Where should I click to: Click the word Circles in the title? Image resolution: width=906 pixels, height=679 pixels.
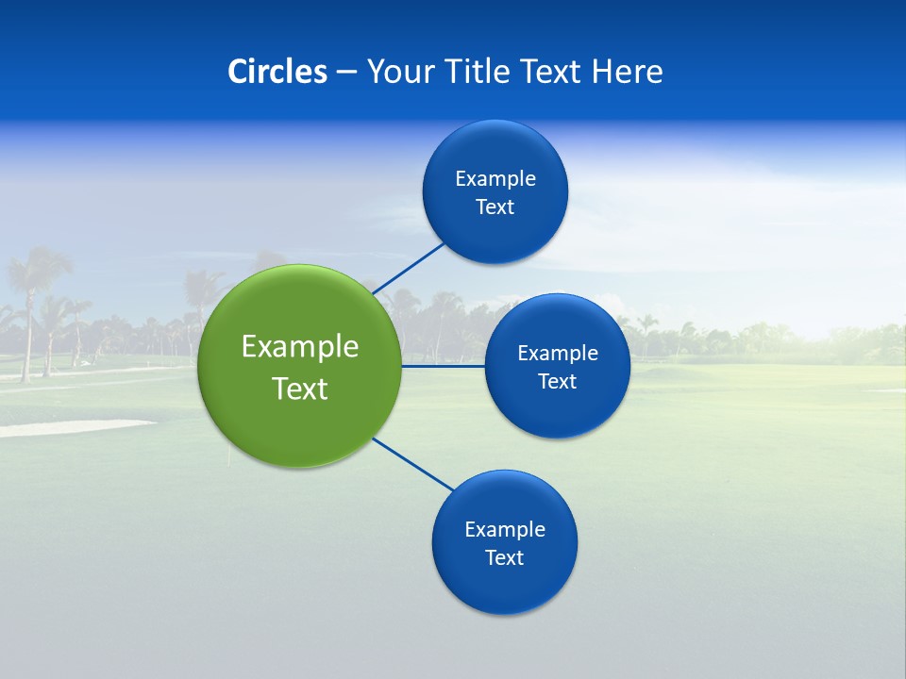coord(277,71)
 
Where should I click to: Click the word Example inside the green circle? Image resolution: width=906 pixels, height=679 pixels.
coord(300,346)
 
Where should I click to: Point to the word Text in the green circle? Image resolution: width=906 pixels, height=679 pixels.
coord(300,389)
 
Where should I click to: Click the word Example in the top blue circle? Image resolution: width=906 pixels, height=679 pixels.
coord(495,178)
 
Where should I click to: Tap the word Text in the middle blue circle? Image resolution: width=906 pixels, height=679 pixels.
coord(558,381)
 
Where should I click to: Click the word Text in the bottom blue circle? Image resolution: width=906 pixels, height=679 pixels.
coord(505,557)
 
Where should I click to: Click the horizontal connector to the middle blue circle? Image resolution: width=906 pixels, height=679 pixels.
coord(443,366)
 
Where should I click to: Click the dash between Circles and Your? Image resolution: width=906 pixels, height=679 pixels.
coord(345,72)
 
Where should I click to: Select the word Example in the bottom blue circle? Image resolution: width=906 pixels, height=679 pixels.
coord(505,529)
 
